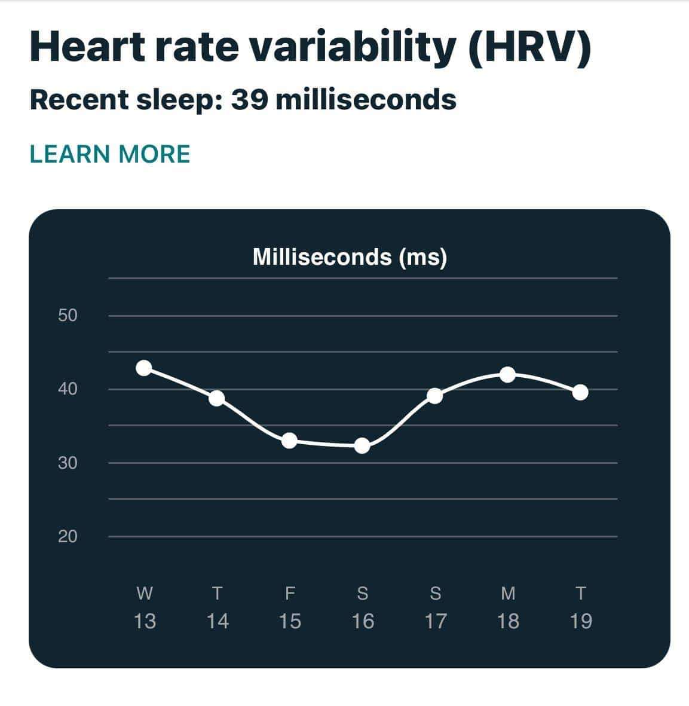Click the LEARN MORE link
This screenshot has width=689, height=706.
[x=110, y=154]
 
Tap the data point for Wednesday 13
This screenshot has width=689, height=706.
[x=144, y=368]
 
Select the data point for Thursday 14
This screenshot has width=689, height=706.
[x=217, y=398]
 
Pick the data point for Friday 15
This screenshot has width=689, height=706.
[x=289, y=441]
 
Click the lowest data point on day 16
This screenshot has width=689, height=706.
[x=362, y=445]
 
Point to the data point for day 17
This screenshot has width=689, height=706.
[x=435, y=396]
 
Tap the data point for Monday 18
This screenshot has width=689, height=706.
[x=507, y=375]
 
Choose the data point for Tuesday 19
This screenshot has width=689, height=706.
[x=580, y=392]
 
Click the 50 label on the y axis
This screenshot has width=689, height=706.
[x=68, y=315]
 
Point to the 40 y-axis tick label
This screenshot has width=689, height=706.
[x=68, y=389]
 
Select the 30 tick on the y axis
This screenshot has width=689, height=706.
[x=68, y=463]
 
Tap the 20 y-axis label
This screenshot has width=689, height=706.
[x=68, y=536]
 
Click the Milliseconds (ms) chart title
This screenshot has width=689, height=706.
[x=350, y=257]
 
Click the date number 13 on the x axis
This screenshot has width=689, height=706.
[x=145, y=621]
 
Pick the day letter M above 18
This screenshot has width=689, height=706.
[x=508, y=594]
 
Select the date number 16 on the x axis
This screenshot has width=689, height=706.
[x=363, y=621]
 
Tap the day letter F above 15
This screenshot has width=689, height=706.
[x=290, y=594]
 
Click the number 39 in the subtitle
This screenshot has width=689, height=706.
[x=249, y=99]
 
